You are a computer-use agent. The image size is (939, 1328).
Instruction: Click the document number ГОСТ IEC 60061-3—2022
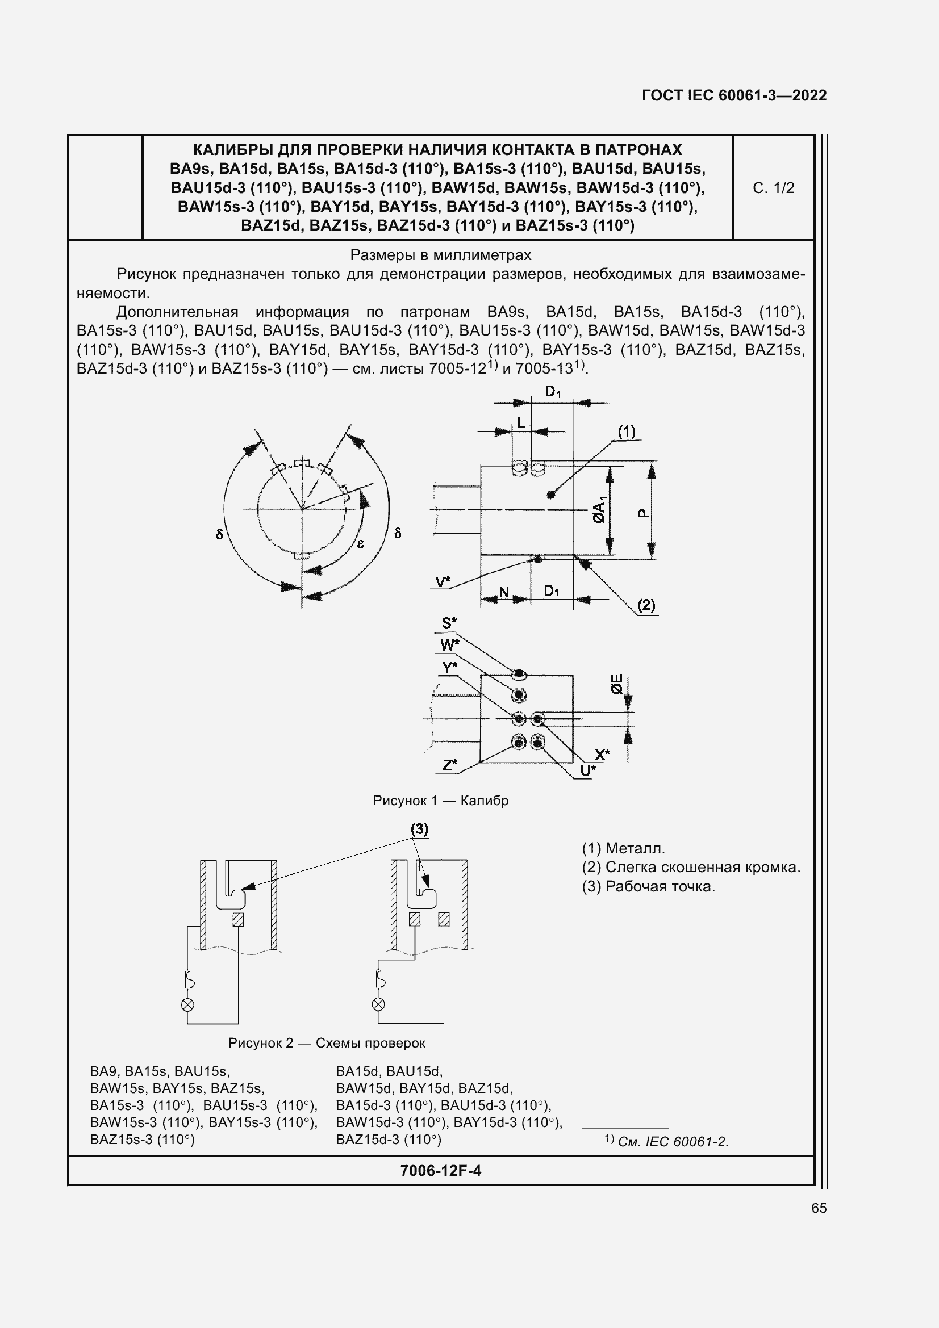[733, 95]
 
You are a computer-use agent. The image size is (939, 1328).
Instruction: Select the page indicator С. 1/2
[773, 188]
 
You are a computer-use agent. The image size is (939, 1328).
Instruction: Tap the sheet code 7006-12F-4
[440, 1171]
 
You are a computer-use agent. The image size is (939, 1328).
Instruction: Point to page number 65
[819, 1208]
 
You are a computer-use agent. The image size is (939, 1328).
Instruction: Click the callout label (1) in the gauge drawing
[626, 432]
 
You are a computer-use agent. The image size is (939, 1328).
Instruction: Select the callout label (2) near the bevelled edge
[646, 605]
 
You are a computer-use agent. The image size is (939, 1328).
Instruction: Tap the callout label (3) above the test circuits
[419, 830]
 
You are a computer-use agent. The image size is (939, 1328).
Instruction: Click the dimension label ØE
[617, 684]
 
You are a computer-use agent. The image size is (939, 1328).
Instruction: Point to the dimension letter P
[643, 513]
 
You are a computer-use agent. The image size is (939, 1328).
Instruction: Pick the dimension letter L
[521, 423]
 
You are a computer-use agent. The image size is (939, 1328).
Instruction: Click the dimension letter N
[504, 592]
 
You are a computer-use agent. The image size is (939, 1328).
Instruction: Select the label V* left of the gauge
[443, 582]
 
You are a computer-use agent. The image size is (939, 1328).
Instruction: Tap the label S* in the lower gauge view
[449, 623]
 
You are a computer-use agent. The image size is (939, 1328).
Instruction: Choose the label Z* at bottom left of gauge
[449, 765]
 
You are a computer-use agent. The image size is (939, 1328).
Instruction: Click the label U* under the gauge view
[588, 771]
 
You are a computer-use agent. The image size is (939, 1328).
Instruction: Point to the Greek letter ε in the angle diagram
[361, 544]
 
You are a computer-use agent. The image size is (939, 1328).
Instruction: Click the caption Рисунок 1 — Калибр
[440, 801]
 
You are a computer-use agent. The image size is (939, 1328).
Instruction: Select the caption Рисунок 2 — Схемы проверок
[327, 1043]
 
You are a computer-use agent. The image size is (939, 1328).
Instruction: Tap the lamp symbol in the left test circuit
[187, 1005]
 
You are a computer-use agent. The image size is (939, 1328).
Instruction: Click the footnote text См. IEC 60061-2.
[672, 1141]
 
